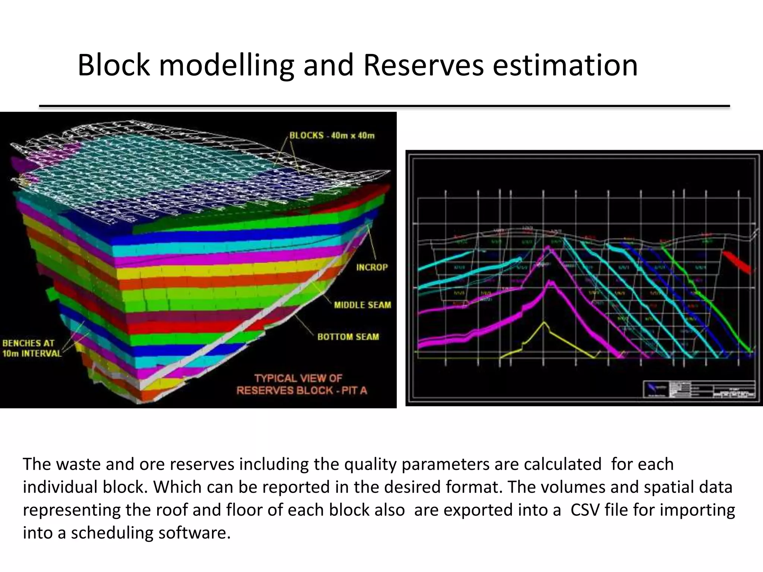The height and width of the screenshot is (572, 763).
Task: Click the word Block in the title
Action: coord(113,66)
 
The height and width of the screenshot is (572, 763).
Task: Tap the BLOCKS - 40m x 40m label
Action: coord(332,136)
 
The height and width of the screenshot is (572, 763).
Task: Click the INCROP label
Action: coord(372,267)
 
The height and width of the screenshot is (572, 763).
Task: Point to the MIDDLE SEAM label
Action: coord(362,305)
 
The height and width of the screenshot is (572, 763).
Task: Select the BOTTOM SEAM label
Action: coord(348,337)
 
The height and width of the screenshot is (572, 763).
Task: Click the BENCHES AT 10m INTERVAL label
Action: coord(31,348)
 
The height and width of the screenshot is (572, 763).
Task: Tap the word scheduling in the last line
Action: coord(111,533)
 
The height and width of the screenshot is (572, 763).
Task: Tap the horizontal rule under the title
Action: coord(384,107)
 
